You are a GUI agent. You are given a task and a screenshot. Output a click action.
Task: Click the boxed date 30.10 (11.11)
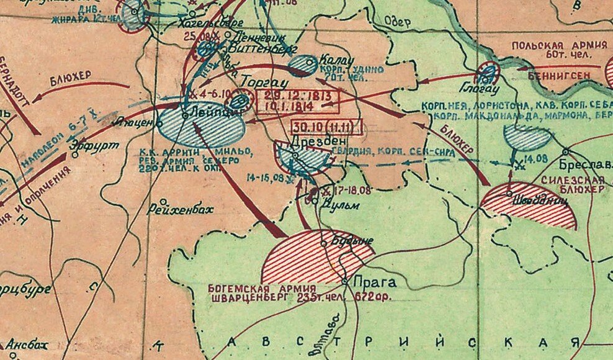point(326,125)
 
